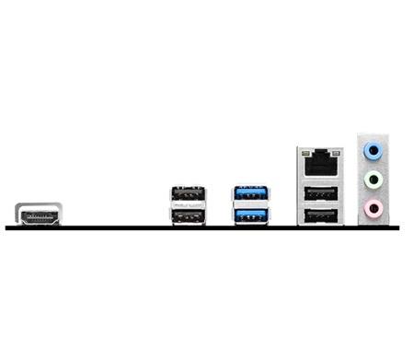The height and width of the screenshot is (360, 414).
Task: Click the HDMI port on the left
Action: coord(38,215)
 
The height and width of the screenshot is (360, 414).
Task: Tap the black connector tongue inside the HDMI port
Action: coord(38,218)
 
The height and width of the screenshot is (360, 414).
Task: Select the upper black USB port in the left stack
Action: coord(187,195)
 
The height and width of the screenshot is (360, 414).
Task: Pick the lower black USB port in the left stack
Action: coord(187,216)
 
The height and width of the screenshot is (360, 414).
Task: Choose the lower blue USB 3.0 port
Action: coord(251,216)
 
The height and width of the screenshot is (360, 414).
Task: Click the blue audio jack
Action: coord(372,150)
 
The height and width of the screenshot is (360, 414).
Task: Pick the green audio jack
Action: coord(372,179)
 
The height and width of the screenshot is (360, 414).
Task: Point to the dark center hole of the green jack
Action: coord(372,179)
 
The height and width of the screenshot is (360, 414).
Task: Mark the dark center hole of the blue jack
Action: coord(372,150)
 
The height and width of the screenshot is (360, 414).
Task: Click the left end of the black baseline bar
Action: coord(8,227)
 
